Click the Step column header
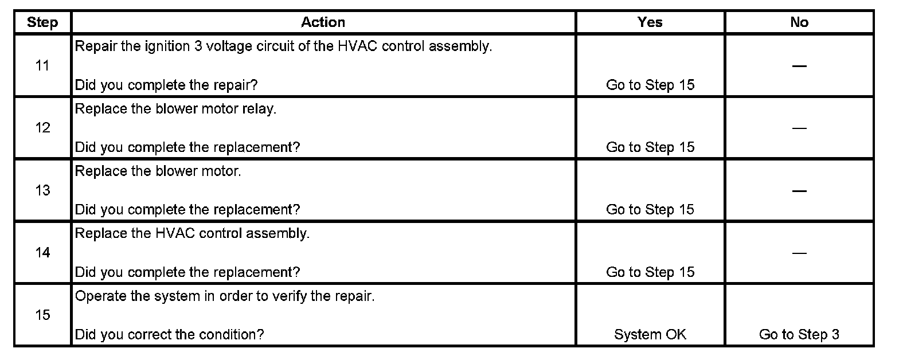click(42, 23)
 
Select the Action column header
click(323, 22)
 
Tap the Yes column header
click(650, 22)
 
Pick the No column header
click(799, 22)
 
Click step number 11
click(42, 66)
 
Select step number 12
click(42, 128)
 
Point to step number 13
click(42, 190)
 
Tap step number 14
click(42, 253)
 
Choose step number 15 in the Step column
click(42, 315)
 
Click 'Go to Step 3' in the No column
click(799, 334)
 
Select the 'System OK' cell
click(650, 334)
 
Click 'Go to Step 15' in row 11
click(650, 85)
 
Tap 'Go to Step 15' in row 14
click(650, 272)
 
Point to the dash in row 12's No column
click(799, 128)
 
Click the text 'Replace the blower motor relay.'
click(175, 109)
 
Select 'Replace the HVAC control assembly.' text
click(192, 234)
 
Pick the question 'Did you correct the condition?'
click(170, 334)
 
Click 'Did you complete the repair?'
click(166, 85)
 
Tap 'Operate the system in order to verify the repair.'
click(225, 298)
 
